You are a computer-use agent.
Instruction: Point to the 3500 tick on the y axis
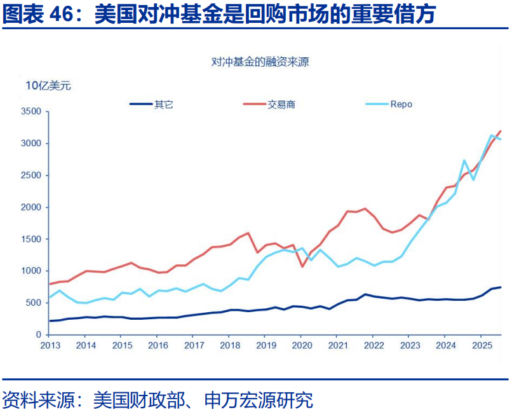point(30,112)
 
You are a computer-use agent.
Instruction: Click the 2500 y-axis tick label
point(30,175)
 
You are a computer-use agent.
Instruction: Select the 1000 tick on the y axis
point(30,271)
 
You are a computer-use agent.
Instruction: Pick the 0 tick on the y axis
point(39,334)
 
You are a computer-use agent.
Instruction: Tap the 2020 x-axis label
point(302,345)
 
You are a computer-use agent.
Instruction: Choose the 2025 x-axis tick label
point(482,345)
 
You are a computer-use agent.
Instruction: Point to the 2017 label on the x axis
point(194,345)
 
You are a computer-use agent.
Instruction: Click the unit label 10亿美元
point(48,86)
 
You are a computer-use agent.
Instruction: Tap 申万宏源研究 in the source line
point(259,400)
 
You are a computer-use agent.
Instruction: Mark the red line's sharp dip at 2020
point(302,266)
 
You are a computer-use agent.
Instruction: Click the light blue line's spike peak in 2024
point(464,160)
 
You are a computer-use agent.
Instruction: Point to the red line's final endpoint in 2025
point(501,130)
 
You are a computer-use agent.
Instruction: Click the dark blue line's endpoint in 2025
point(501,287)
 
